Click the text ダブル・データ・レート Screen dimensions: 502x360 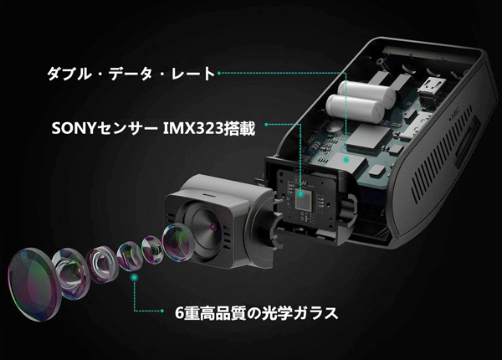131,74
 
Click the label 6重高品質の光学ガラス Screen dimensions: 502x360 257,312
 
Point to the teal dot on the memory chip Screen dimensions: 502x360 346,159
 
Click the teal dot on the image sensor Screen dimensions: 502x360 300,193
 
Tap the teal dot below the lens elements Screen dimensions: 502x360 135,277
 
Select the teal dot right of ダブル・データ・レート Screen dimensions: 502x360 219,73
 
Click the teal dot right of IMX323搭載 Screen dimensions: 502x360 266,124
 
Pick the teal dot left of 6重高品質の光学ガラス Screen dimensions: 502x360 162,311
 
